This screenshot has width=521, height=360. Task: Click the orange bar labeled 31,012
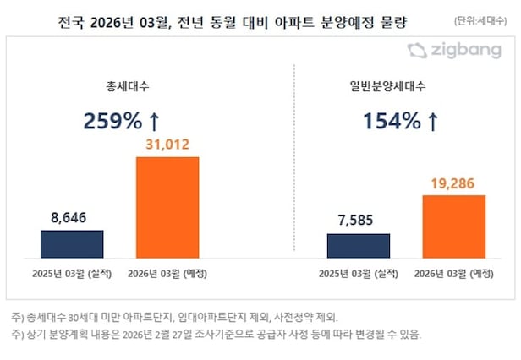click(167, 207)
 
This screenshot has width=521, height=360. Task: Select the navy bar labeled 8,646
click(72, 243)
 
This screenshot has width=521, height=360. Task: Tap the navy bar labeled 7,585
click(358, 245)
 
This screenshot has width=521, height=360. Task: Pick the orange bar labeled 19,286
click(453, 226)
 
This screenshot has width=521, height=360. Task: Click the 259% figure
click(112, 121)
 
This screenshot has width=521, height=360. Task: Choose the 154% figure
click(392, 121)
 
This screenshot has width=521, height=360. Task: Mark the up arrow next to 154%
click(433, 121)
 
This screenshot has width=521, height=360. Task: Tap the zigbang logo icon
click(416, 51)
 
